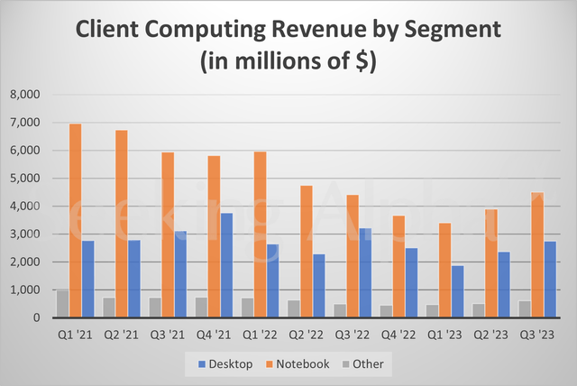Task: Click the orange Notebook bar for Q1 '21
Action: [x=76, y=221]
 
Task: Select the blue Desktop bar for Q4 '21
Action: [x=227, y=265]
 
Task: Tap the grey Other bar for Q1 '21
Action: [x=62, y=304]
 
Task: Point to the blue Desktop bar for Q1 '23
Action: [x=458, y=291]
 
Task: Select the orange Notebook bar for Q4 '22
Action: [x=397, y=267]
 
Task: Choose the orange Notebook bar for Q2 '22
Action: [x=306, y=252]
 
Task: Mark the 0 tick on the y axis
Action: [x=37, y=318]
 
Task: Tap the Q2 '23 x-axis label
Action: [x=490, y=334]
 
